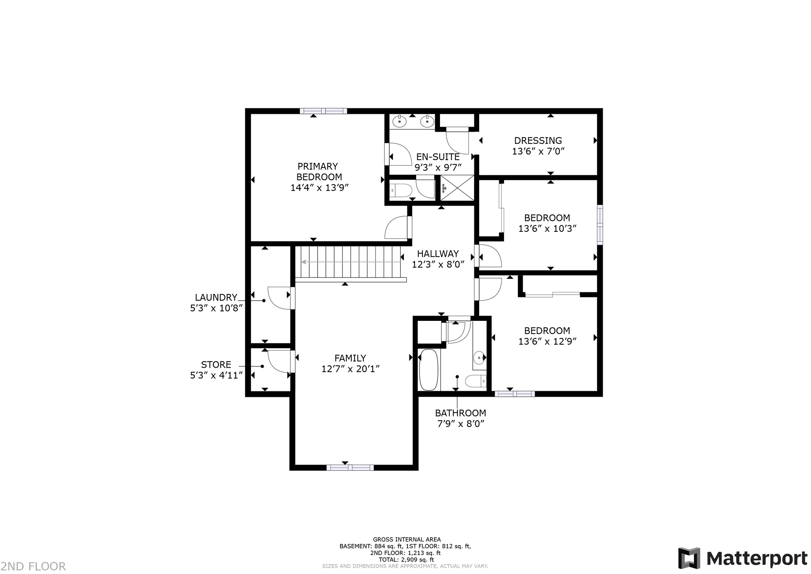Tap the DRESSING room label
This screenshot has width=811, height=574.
pos(538,141)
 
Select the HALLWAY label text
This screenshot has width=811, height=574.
pos(438,254)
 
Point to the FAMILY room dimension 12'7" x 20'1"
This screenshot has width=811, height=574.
pos(350,369)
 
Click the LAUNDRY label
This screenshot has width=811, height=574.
pos(216,297)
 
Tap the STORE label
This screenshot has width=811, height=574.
pos(216,365)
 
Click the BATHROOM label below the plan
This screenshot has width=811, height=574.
pos(461,413)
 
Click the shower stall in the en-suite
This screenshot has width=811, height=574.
pos(457,188)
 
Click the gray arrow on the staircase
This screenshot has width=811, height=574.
pos(351,262)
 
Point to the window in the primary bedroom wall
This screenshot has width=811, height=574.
pos(323,111)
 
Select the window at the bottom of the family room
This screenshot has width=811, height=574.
pos(350,467)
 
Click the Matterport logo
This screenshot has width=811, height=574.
pos(742,559)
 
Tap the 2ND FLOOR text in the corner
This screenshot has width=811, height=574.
pos(33,566)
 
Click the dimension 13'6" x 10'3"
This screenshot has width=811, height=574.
pos(547,229)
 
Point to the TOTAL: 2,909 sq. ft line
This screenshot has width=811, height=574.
pos(407,560)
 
